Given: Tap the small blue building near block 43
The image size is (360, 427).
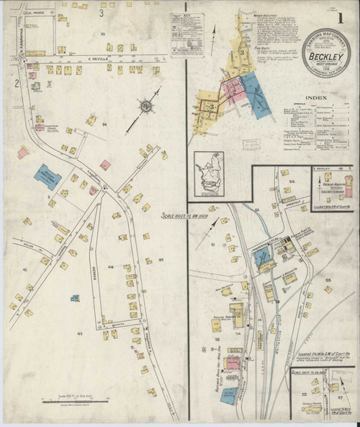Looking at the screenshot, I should [73, 297].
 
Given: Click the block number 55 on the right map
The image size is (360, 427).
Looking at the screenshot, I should [328, 279].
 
